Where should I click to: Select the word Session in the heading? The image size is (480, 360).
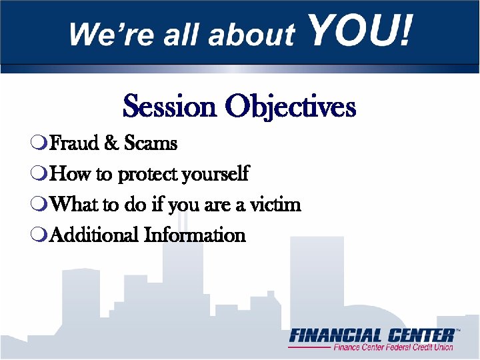point(170,107)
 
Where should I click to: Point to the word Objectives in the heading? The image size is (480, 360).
point(290,107)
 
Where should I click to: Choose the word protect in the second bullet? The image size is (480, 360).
point(146,175)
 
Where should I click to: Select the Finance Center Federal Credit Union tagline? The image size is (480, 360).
point(393,347)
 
